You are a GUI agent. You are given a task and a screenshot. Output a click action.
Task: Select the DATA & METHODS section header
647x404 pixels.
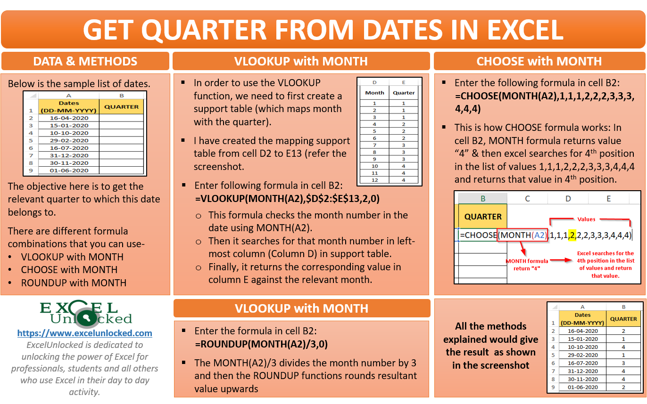click(85, 61)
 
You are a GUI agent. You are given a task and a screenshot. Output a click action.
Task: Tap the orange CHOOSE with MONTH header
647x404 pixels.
click(539, 61)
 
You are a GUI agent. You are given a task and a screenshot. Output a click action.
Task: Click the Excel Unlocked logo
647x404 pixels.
click(85, 314)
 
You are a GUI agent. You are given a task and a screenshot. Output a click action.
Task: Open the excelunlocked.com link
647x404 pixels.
click(85, 333)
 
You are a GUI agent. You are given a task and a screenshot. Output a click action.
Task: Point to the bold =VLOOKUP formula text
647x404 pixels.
click(287, 199)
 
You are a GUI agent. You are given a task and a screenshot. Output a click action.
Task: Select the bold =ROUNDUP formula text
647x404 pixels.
click(261, 344)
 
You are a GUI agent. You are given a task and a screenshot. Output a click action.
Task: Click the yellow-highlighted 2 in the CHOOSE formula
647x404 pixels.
click(572, 234)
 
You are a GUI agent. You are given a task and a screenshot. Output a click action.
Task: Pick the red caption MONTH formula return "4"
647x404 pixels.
click(527, 265)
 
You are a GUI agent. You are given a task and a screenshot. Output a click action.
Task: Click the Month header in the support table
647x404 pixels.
click(374, 93)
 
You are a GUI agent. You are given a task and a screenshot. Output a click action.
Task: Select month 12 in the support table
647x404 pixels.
click(374, 180)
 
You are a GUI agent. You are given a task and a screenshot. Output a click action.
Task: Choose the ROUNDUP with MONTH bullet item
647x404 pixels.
click(74, 283)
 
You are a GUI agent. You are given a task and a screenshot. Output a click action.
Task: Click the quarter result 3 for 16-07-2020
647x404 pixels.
click(623, 363)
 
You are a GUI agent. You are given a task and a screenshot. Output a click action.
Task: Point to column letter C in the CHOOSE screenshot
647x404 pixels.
click(528, 199)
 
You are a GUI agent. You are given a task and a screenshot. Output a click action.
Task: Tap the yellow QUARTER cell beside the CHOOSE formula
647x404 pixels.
click(483, 217)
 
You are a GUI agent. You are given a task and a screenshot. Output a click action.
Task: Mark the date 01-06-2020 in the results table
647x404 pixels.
click(582, 387)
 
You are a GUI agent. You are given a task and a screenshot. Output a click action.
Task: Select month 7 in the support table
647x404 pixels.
click(374, 145)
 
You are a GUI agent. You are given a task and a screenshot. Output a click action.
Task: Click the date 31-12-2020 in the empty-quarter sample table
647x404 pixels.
click(69, 155)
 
